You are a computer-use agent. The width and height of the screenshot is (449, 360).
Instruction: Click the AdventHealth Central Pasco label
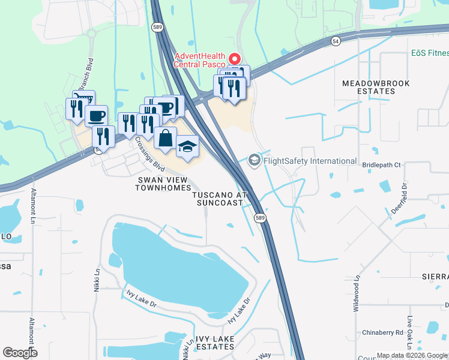[x=199, y=61]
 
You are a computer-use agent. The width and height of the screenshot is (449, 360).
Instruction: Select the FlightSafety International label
[x=310, y=161]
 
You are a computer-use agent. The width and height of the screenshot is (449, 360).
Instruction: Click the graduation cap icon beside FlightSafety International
[x=255, y=160]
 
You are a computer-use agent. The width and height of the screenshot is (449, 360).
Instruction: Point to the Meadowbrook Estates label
[x=369, y=87]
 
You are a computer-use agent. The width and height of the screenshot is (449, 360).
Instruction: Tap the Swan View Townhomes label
[x=163, y=184]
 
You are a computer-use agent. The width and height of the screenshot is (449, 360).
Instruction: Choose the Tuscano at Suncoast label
[x=220, y=199]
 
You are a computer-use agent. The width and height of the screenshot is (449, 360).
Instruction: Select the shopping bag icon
[x=165, y=138]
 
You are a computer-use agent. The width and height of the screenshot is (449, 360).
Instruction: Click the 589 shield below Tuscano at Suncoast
[x=259, y=217]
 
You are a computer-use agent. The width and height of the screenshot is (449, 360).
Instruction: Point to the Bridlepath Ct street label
[x=381, y=164]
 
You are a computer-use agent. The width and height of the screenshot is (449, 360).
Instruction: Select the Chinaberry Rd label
[x=382, y=332]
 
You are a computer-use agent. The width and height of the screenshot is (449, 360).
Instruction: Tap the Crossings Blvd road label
[x=149, y=154]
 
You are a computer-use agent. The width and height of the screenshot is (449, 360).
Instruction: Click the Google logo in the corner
[x=20, y=353]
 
